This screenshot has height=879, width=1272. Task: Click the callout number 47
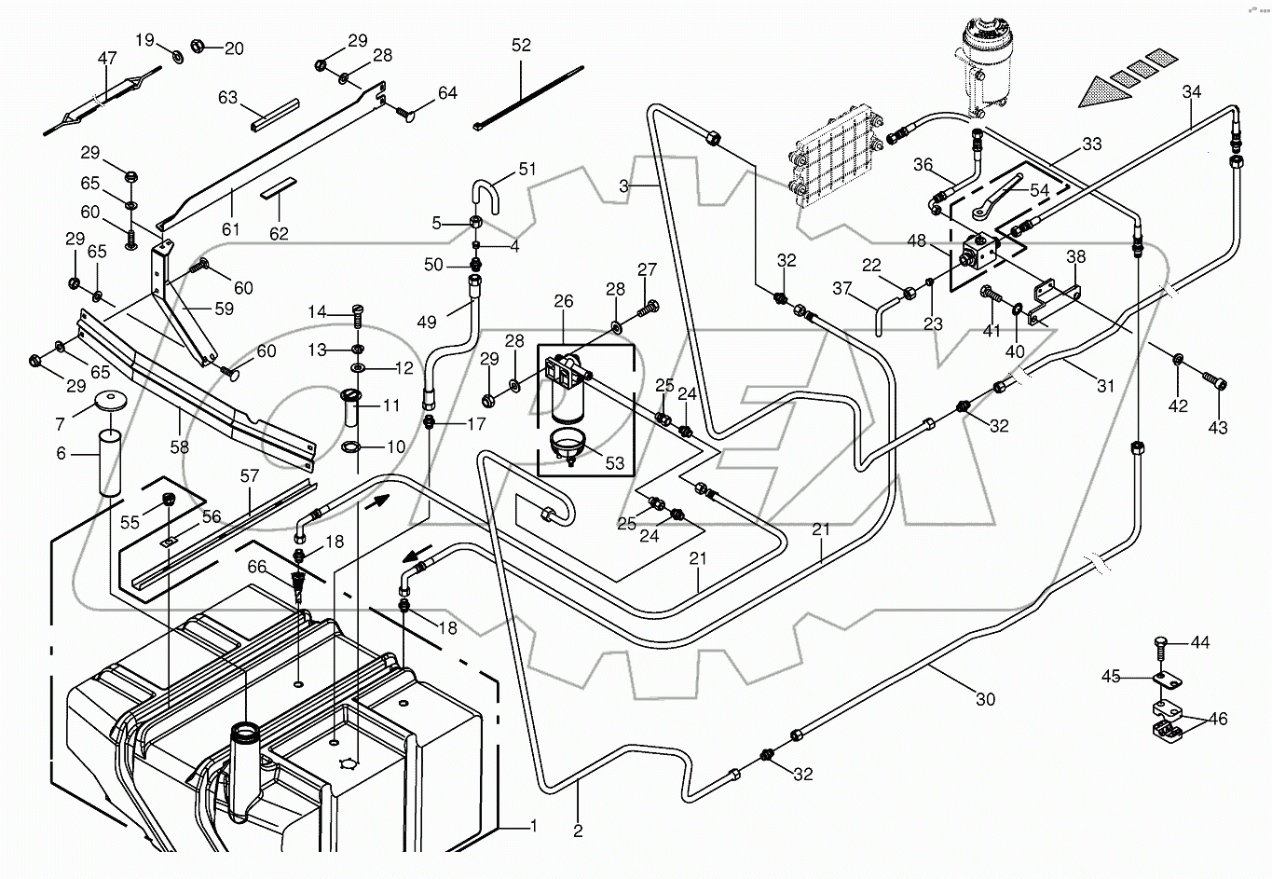(107, 59)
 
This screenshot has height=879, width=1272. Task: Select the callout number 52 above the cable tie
(521, 46)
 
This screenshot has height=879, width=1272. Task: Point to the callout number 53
(615, 462)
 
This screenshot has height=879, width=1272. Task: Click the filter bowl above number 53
(566, 442)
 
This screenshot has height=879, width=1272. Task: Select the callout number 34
(1192, 91)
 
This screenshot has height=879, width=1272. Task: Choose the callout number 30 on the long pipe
(986, 699)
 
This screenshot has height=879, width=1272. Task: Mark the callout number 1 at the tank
(533, 825)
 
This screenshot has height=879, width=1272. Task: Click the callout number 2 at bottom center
(578, 831)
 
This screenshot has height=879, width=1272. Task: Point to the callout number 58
(179, 446)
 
